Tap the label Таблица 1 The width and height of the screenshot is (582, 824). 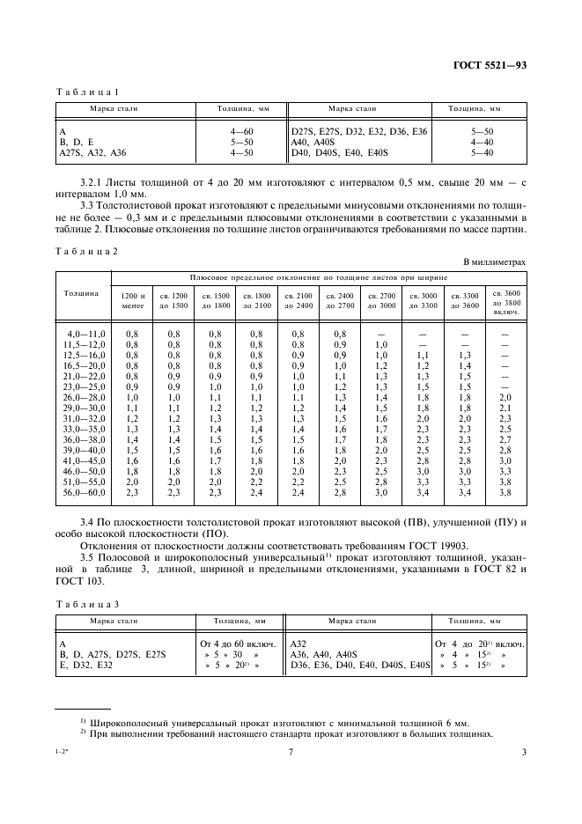87,92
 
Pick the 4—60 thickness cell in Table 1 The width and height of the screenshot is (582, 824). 242,130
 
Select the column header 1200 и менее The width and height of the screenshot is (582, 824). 132,300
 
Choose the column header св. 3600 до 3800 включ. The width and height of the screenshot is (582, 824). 505,300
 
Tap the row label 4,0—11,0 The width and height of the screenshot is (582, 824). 85,335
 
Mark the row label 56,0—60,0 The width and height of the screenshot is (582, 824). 85,492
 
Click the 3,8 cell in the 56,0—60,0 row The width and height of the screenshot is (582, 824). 505,492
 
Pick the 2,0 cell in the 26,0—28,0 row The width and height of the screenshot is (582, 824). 505,397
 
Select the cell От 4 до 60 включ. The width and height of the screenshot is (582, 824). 240,644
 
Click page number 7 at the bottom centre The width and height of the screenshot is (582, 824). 291,752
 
